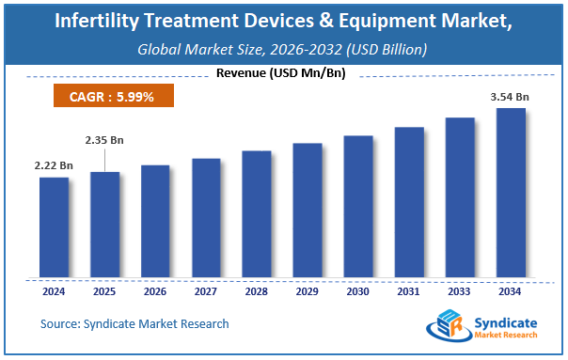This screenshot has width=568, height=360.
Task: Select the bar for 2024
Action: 55,227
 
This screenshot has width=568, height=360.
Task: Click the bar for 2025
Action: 104,225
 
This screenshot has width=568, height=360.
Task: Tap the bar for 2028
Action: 257,214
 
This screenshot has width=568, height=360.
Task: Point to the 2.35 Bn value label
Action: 104,140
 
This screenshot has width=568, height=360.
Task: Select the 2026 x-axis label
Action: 155,291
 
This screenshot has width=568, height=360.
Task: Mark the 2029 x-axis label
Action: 308,291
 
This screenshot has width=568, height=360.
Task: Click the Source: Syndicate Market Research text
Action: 134,324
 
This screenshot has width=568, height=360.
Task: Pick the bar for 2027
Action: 206,218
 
